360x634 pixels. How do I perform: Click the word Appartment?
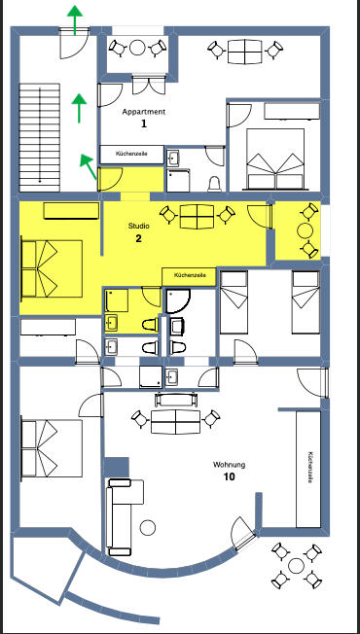click(x=144, y=112)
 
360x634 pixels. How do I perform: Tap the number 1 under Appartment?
click(x=144, y=123)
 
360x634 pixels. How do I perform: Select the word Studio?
click(x=139, y=226)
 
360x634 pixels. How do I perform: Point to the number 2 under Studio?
click(x=139, y=238)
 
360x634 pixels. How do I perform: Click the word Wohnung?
click(x=229, y=465)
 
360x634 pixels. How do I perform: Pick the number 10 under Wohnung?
click(x=229, y=477)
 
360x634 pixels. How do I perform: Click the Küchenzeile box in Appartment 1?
click(x=132, y=155)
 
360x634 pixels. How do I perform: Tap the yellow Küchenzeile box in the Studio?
click(x=190, y=276)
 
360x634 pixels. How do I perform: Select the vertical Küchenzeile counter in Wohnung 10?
click(x=308, y=469)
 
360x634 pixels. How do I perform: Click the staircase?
click(x=40, y=137)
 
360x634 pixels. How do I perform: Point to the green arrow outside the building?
click(x=75, y=20)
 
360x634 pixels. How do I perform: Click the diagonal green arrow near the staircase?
click(x=89, y=166)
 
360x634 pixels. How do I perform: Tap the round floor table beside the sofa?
click(x=148, y=527)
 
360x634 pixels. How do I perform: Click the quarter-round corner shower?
click(x=178, y=301)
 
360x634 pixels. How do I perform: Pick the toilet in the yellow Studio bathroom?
click(x=150, y=324)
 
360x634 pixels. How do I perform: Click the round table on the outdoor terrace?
click(x=296, y=566)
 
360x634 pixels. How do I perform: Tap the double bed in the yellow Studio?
click(x=52, y=269)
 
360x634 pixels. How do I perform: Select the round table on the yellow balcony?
click(x=305, y=231)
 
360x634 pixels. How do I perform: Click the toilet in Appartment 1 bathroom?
click(x=214, y=184)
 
